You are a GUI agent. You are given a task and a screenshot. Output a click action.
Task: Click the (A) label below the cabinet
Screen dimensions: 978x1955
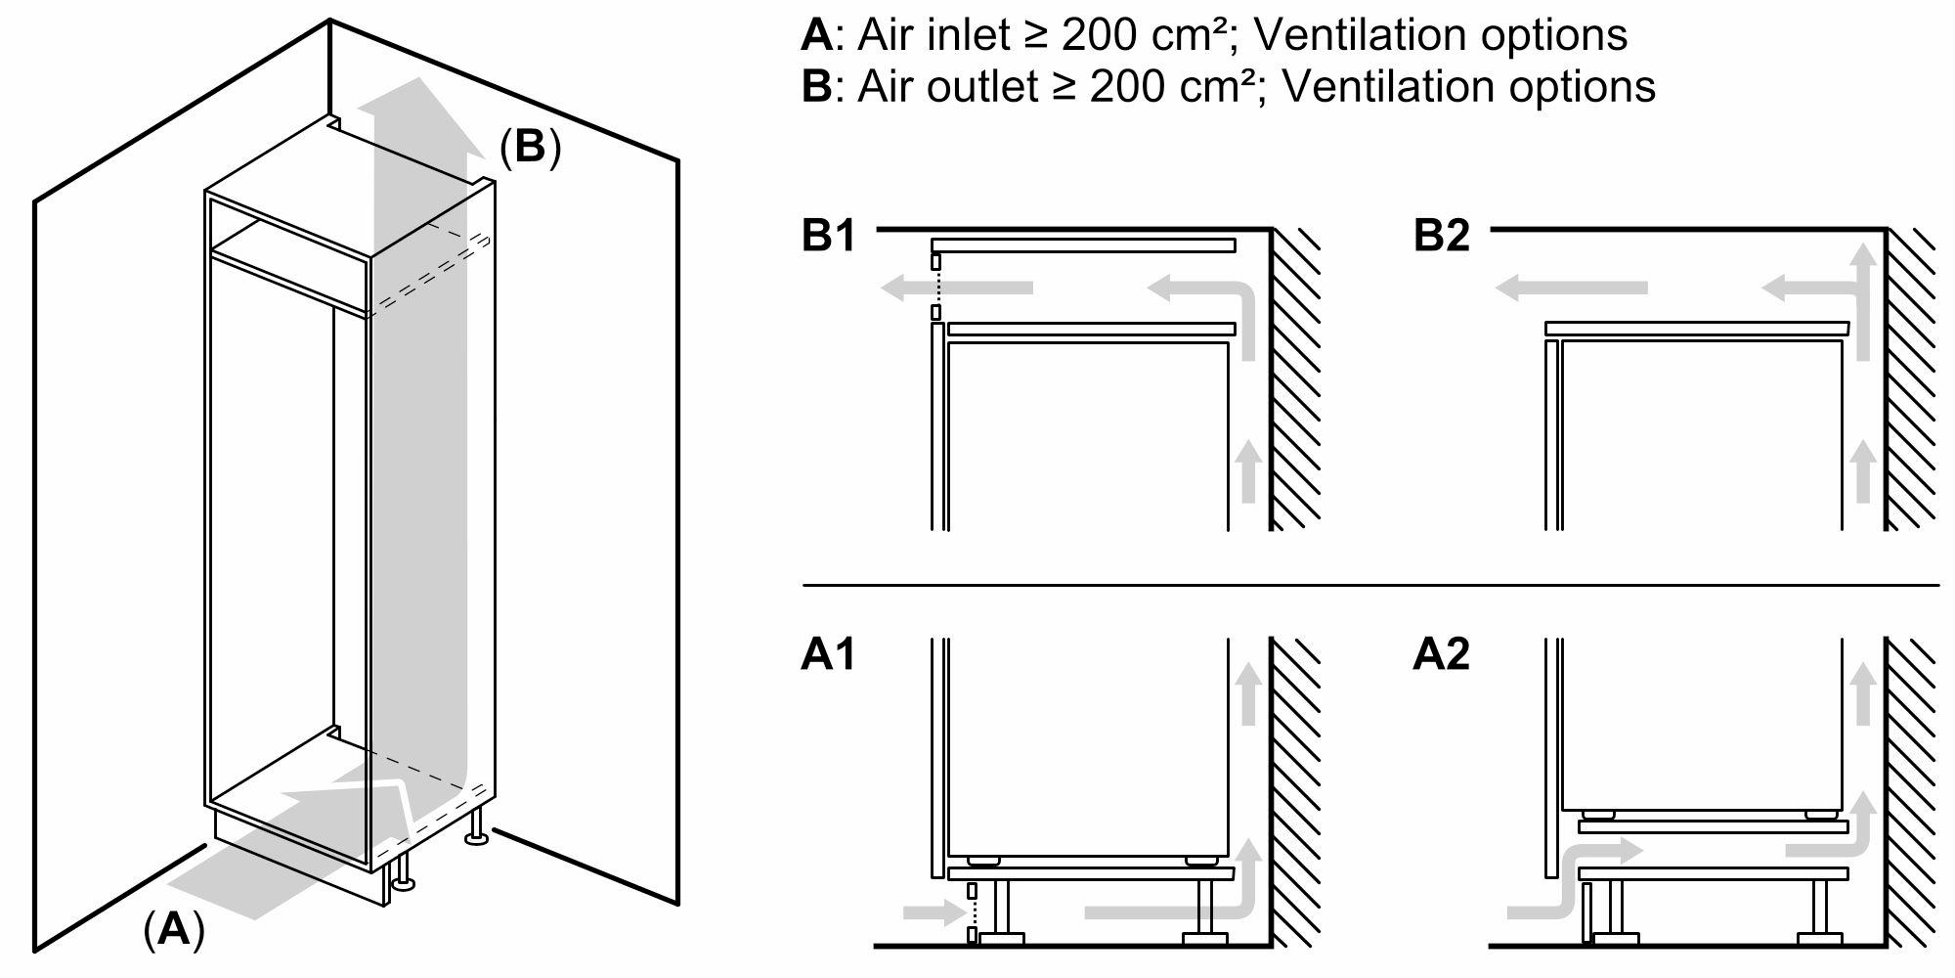tap(174, 929)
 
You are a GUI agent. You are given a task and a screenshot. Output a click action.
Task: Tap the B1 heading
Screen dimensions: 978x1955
tap(828, 237)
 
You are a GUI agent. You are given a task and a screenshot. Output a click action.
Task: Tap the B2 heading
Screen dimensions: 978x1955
tap(1441, 237)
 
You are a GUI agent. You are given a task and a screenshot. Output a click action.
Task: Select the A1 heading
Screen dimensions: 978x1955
tap(828, 654)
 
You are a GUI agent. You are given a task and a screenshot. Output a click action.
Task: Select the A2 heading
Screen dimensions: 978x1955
tap(1441, 654)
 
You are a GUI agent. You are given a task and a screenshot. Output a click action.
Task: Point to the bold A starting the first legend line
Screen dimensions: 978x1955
tap(815, 35)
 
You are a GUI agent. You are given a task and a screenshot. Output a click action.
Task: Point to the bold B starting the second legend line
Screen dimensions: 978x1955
tap(815, 86)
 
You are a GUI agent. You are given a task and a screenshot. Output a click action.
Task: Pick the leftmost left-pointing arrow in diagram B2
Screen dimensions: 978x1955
tap(1571, 288)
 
